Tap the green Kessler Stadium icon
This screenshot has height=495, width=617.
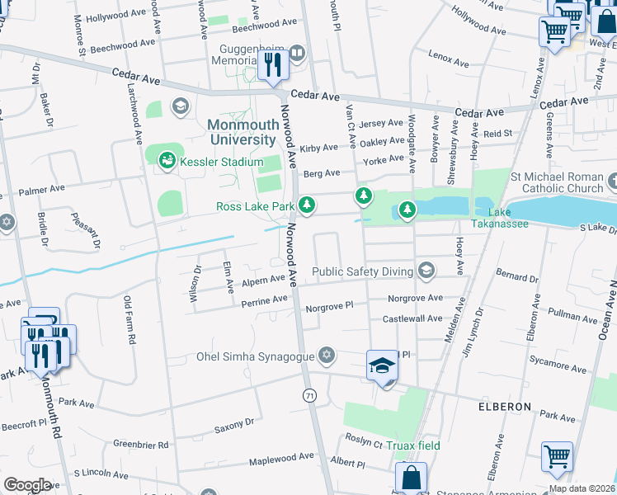(167, 159)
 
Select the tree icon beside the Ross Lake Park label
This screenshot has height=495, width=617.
(307, 205)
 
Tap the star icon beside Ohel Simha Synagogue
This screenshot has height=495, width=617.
(327, 356)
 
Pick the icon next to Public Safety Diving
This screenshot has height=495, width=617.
(426, 271)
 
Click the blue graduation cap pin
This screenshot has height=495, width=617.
(382, 365)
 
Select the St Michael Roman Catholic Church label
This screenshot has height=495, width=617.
(557, 182)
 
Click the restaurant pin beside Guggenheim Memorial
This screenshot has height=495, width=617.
(272, 64)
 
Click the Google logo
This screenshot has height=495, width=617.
(27, 485)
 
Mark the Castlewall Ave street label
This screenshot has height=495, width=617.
(412, 318)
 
